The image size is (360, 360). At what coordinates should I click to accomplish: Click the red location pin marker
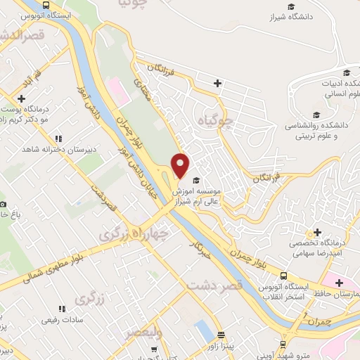point(181,165)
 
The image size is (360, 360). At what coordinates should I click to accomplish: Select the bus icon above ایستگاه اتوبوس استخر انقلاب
point(283,276)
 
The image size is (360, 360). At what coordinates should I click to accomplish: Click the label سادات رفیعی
point(63,320)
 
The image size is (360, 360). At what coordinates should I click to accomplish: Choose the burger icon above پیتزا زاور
point(221,335)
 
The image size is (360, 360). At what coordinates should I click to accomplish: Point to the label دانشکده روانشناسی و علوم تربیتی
point(316,129)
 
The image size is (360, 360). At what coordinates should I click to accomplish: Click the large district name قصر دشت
point(214,285)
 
